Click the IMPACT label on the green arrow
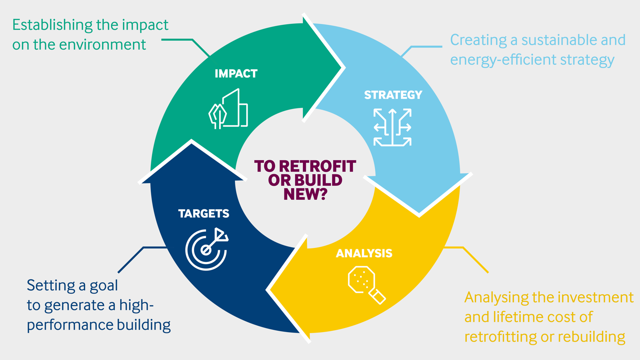pyautogui.click(x=236, y=73)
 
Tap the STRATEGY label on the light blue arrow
pyautogui.click(x=393, y=95)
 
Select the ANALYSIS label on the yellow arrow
pyautogui.click(x=364, y=253)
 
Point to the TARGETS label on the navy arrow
pyautogui.click(x=203, y=213)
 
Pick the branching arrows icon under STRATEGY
pyautogui.click(x=392, y=127)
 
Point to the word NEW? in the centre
pyautogui.click(x=305, y=194)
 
